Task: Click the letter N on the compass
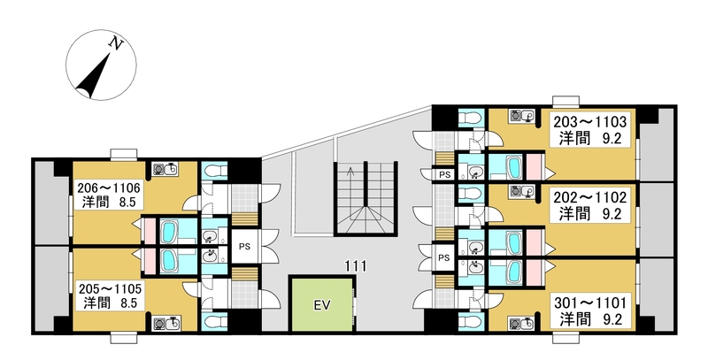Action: point(117,43)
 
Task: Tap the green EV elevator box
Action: point(322,305)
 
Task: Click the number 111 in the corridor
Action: point(356,266)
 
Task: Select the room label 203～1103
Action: point(590,121)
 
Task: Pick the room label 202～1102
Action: point(590,197)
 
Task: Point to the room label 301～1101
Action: point(590,302)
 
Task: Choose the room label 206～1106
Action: point(109,187)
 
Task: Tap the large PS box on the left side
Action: point(244,246)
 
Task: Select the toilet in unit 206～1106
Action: point(213,171)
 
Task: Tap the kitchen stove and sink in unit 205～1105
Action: point(166,323)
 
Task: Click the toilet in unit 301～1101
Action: point(471,322)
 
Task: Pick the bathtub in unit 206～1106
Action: point(167,232)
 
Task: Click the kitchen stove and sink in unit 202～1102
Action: point(522,192)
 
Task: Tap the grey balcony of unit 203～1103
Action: point(657,145)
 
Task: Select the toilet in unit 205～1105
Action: point(213,322)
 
